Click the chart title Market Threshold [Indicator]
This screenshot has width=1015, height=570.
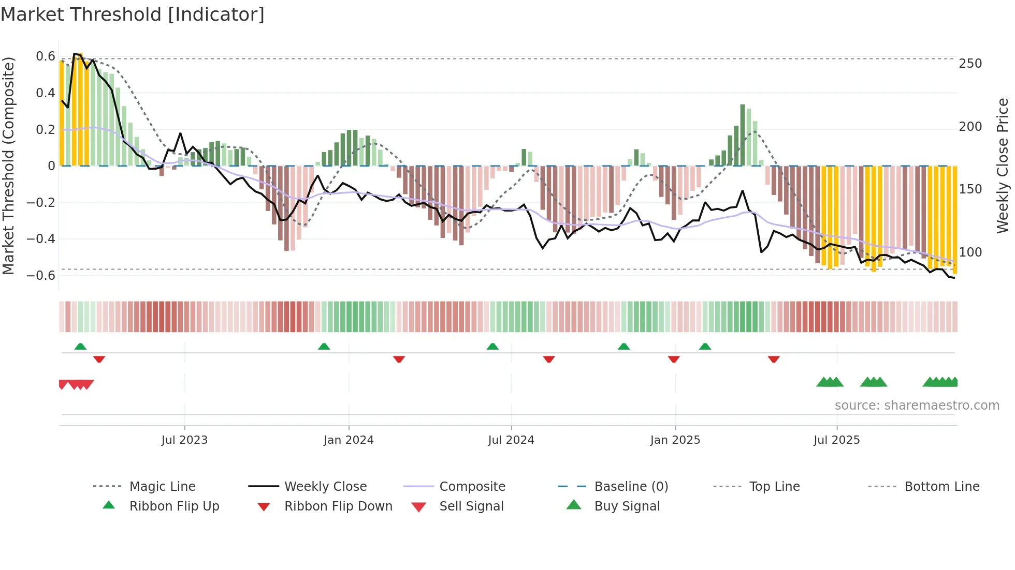click(x=133, y=14)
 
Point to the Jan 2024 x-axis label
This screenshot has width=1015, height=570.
click(x=349, y=440)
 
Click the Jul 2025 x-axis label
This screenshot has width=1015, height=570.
click(x=836, y=440)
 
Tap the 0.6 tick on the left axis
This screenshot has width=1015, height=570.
click(x=46, y=56)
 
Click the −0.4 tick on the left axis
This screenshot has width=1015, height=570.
click(x=41, y=239)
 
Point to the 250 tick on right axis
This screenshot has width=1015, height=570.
click(x=970, y=64)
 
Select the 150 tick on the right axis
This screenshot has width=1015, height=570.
click(x=970, y=189)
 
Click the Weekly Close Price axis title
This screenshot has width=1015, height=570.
click(x=1003, y=166)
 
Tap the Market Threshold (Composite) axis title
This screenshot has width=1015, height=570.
click(x=8, y=166)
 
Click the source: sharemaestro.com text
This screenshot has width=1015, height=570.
click(x=917, y=406)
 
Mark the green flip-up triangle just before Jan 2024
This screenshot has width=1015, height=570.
click(x=324, y=347)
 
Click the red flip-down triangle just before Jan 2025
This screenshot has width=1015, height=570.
click(x=674, y=359)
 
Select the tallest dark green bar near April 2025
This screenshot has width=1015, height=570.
click(x=743, y=134)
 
